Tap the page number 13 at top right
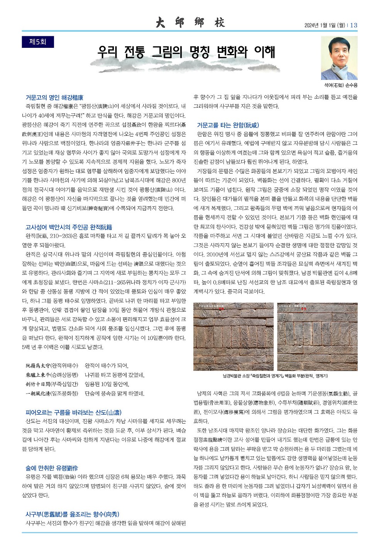354,25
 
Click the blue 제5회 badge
38,42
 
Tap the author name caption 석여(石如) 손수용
339,85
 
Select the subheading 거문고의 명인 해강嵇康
54,97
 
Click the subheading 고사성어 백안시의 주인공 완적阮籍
69,227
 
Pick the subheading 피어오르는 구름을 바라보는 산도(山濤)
73,412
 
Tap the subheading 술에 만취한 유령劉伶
52,468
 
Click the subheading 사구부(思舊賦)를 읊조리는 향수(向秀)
72,514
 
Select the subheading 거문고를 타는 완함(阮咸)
228,125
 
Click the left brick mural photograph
233,337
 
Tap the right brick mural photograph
317,337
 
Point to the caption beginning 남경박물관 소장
275,376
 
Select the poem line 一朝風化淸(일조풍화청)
52,394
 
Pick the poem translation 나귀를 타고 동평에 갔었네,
114,375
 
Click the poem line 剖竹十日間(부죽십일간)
52,384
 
